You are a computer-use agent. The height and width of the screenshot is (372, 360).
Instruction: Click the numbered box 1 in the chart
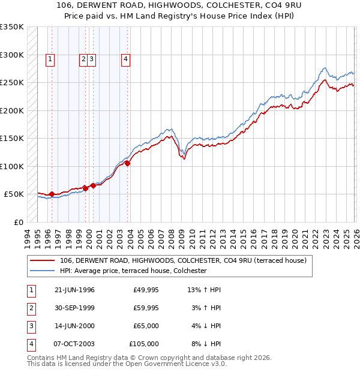click(x=49, y=59)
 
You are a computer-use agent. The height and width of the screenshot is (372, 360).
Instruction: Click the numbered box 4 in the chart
click(x=125, y=59)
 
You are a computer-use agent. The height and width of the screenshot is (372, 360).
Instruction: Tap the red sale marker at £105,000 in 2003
click(x=127, y=163)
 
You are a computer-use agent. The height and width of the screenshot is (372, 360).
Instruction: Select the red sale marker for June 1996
click(x=52, y=194)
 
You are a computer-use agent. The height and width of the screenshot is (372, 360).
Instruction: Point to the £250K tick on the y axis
click(x=11, y=83)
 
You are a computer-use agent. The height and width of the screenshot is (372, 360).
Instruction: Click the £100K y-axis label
click(x=11, y=166)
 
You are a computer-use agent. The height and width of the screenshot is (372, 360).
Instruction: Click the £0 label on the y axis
click(x=17, y=222)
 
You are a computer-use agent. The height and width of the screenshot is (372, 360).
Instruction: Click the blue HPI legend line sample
click(x=43, y=271)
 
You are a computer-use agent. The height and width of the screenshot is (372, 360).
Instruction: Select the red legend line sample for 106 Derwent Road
click(x=43, y=260)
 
